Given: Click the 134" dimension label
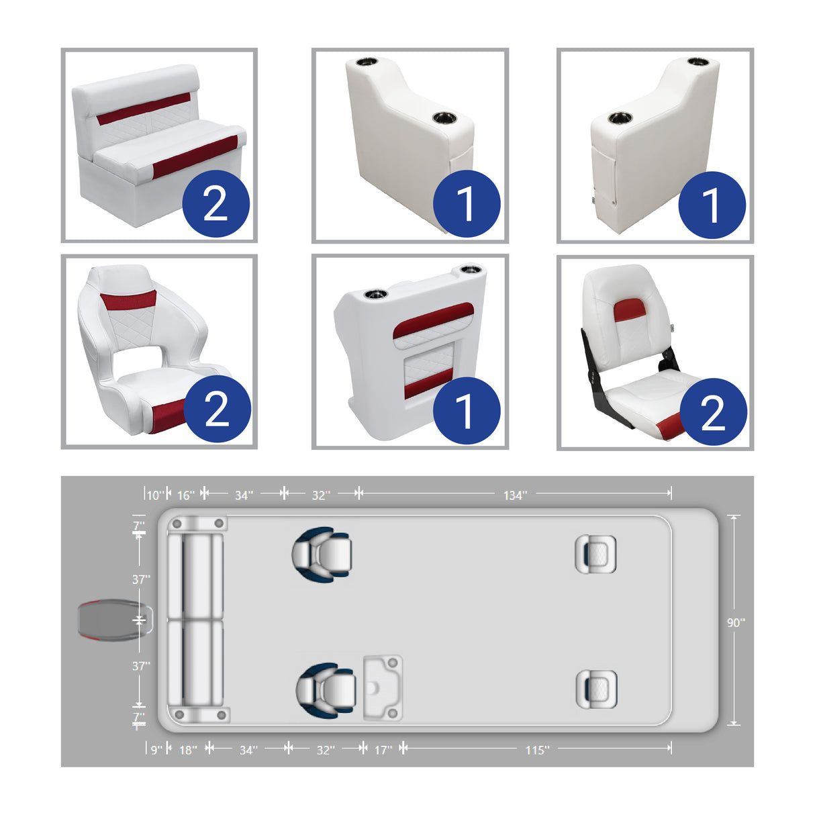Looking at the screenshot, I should coord(515,495).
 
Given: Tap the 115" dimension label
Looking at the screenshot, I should coord(537,750).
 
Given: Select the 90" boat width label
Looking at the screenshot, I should coord(736,623).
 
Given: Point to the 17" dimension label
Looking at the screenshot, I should coord(383,750).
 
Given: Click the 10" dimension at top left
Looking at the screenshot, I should coord(154,495).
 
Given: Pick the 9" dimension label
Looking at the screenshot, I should coord(156,750).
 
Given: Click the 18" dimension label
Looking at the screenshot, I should coord(188,750).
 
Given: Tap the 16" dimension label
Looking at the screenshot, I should coord(185,495).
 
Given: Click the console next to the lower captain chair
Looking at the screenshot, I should coord(383,688).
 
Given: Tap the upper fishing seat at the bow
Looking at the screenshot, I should coord(595,554).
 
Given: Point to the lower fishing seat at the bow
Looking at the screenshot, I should coord(596,689).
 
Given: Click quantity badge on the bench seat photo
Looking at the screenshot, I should coord(215,203).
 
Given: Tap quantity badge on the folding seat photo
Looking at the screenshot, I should coord(713,412).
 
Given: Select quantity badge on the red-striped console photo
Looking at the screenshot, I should coord(466,410).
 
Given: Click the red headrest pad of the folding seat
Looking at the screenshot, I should coord(630,310).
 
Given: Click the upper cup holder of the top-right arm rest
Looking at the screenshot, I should coord(698,62).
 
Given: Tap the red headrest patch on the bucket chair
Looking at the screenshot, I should coord(128,299).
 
